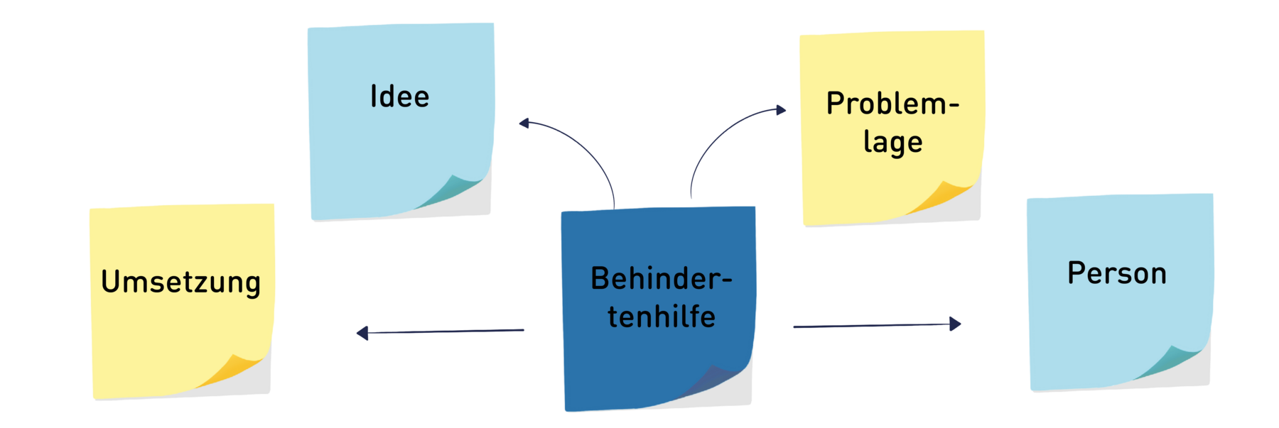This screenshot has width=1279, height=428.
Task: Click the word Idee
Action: point(399,97)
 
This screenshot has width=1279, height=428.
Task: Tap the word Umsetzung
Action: point(181,282)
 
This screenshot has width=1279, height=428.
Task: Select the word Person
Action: point(1117,273)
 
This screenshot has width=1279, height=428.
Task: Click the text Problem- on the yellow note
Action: point(892,104)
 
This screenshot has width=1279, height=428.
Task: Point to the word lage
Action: point(893,143)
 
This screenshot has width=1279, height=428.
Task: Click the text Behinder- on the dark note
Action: point(661,279)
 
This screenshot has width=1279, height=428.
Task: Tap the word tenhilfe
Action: point(662,317)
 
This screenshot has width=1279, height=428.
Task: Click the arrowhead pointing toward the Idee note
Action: point(524,124)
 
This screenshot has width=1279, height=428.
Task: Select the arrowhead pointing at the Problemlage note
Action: point(781,110)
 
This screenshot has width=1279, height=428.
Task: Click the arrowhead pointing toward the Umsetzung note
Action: point(362,333)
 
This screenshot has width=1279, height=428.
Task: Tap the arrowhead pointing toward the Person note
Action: point(955,324)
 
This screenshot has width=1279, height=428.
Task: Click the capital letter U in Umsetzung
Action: point(109,282)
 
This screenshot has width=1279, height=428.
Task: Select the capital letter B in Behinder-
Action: point(600,279)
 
